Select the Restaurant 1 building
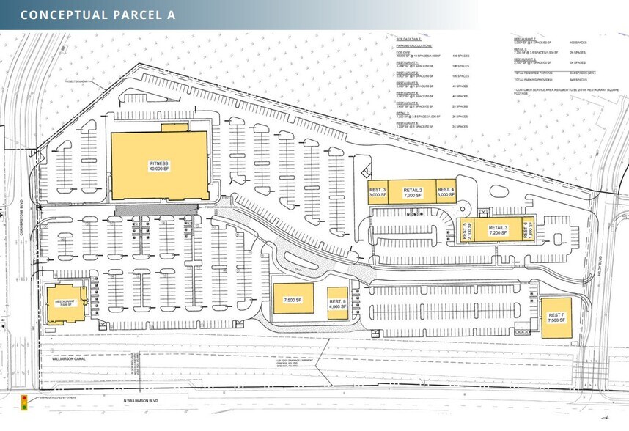click(66, 302)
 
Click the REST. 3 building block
click(377, 192)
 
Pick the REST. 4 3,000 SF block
click(446, 192)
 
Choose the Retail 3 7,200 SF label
click(498, 230)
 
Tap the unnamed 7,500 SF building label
click(293, 300)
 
